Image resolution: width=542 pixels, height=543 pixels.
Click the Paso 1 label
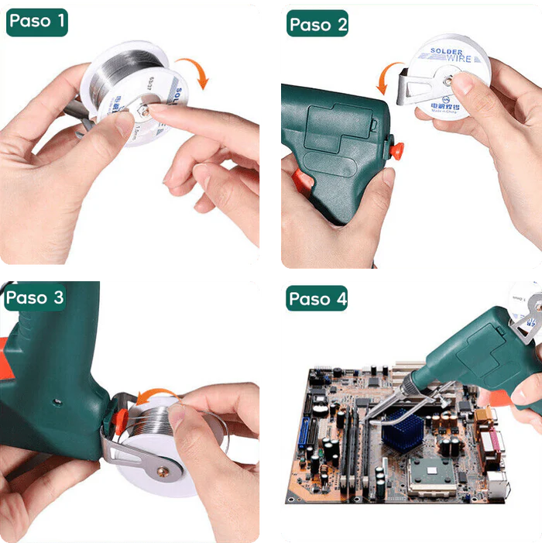(36, 21)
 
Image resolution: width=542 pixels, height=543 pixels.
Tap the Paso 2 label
(317, 24)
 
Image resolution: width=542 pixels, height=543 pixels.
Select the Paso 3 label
(36, 297)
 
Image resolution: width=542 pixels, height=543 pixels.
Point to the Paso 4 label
(317, 298)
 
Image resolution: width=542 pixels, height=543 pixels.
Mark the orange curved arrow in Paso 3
(153, 397)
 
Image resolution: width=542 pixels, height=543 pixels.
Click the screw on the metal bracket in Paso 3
(162, 469)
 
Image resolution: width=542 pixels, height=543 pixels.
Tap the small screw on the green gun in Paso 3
(56, 401)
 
